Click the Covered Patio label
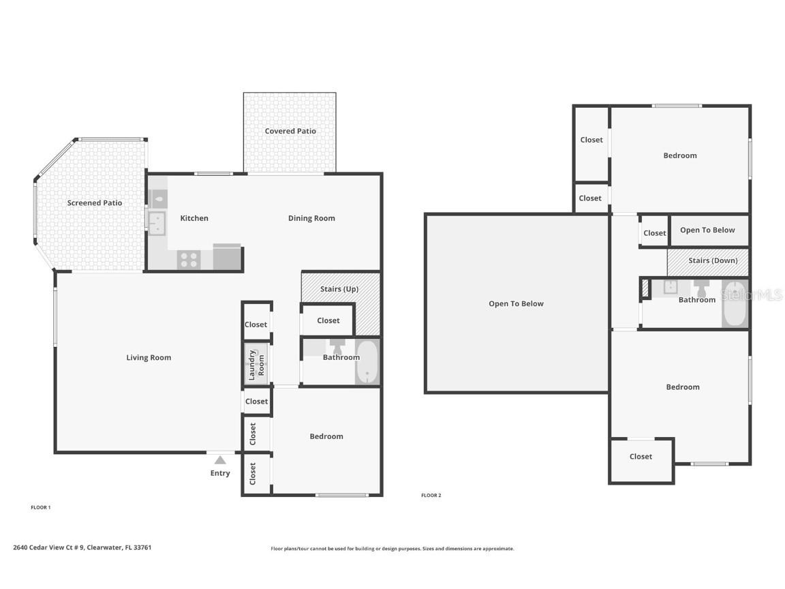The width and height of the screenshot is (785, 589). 290,131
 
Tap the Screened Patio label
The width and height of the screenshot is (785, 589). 95,203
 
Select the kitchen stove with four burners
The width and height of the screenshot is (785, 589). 189,260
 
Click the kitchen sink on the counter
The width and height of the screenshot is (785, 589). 157,223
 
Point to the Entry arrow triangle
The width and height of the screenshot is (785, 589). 220,460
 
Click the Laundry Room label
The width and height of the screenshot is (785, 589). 256,365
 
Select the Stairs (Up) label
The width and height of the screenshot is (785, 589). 339,289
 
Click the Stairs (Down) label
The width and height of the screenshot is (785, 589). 707,261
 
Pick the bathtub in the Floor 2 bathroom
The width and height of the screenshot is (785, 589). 735,304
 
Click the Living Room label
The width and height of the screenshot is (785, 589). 149,358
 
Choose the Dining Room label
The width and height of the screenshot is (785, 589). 311,219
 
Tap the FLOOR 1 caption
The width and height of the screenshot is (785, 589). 41,507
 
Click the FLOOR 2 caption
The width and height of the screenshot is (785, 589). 431,496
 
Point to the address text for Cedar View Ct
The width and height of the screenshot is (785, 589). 82,547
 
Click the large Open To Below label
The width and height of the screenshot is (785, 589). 516,304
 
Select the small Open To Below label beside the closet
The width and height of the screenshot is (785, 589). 707,230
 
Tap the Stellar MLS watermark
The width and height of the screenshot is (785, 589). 752,295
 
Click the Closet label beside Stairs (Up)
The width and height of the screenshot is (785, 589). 328,320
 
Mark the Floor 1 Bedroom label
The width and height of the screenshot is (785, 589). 326,437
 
